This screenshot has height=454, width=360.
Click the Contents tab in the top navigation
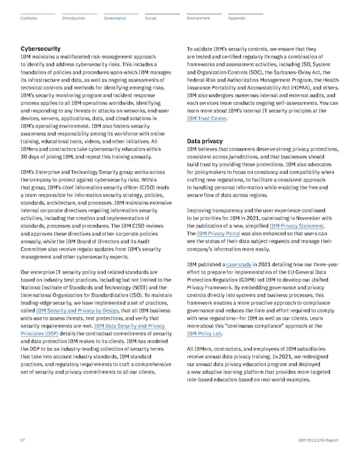point(28,18)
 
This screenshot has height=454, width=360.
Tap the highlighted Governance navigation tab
point(115,18)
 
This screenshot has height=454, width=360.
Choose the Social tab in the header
point(151,18)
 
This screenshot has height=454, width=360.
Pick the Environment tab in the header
point(198,18)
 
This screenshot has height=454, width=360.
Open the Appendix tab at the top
point(236,18)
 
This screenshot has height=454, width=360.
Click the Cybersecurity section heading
point(40,48)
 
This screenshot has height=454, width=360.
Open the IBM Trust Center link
point(207,119)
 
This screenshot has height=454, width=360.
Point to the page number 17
point(23,440)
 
